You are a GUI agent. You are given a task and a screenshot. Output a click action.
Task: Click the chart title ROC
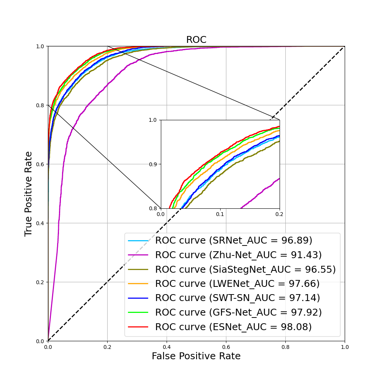click(196, 40)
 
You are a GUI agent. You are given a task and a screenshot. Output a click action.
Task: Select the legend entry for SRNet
click(234, 241)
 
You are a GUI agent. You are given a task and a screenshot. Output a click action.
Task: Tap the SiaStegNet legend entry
click(245, 269)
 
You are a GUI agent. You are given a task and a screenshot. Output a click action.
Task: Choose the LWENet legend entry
click(237, 284)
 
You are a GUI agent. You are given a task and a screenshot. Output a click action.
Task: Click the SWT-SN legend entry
click(237, 298)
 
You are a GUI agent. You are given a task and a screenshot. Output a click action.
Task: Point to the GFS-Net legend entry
click(238, 313)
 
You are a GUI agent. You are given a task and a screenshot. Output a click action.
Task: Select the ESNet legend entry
click(233, 327)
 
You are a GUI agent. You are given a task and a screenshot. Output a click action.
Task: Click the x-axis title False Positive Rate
click(196, 356)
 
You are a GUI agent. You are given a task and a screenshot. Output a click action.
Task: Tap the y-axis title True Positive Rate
click(28, 193)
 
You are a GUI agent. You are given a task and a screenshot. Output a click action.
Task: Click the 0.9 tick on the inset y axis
click(153, 164)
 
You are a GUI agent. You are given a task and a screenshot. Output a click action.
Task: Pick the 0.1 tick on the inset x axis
click(220, 214)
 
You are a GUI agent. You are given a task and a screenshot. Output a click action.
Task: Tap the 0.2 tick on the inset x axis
click(280, 214)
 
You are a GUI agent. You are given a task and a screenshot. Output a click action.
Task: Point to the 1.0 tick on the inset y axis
click(153, 120)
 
